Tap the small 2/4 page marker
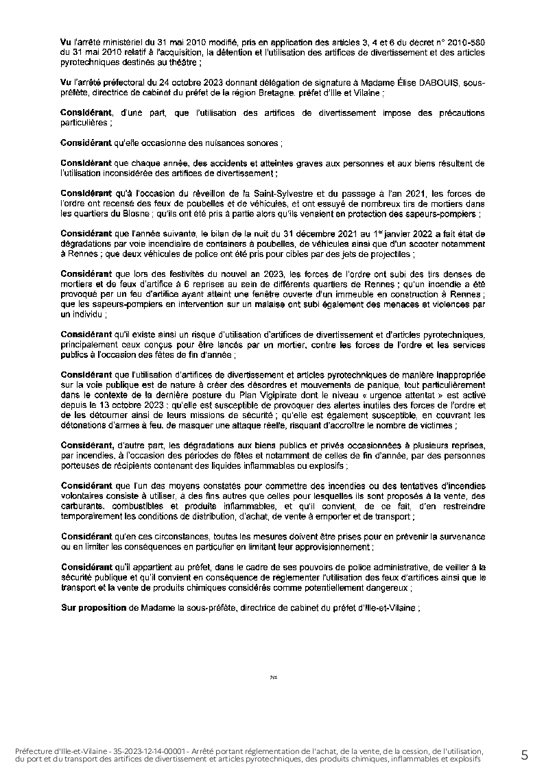pos(273,677)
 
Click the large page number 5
pos(525,755)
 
